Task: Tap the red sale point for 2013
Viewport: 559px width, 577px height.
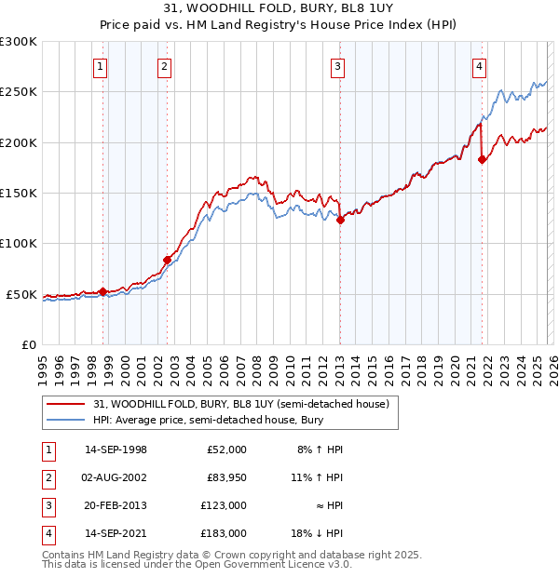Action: tap(340, 221)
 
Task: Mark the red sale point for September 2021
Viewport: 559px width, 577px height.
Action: tap(482, 160)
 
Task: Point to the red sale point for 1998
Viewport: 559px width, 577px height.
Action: tap(102, 292)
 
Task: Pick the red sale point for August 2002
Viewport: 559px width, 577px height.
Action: tap(167, 260)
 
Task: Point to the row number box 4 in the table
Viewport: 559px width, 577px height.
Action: tap(47, 533)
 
